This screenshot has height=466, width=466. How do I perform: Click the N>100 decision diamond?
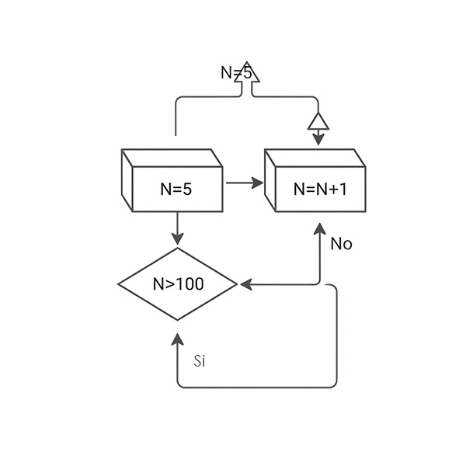177,284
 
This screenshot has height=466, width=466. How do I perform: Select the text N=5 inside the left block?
176,188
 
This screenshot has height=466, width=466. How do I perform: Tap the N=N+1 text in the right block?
320,189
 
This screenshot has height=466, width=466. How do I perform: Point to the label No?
342,244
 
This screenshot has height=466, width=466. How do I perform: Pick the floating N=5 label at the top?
236,72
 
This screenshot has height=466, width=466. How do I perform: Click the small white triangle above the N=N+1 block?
316,122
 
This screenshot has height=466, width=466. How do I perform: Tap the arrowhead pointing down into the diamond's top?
179,233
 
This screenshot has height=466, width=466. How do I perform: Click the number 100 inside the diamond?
190,284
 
